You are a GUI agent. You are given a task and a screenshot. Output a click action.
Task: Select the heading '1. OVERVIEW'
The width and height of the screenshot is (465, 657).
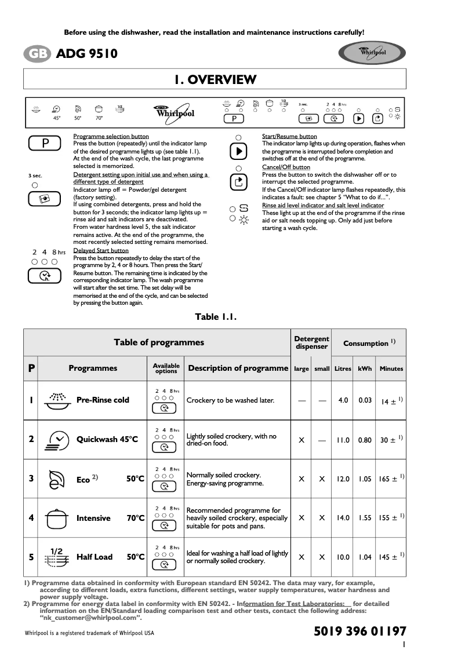coord(215,79)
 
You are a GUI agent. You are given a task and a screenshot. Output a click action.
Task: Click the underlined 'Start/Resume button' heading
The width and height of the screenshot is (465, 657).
coord(289,136)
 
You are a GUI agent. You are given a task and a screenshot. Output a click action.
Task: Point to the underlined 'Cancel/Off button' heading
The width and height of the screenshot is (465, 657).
coord(286,167)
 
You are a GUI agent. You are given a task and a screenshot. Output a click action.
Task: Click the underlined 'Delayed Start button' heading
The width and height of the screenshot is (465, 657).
coord(101,251)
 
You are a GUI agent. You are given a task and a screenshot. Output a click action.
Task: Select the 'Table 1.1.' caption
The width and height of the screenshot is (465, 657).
coord(216,316)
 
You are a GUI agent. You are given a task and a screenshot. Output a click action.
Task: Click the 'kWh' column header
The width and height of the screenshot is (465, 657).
coord(365,368)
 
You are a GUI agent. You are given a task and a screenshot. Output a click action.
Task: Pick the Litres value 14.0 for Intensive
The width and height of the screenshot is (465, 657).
coord(343,518)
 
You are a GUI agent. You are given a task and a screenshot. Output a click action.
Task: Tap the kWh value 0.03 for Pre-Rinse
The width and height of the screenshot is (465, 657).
coord(365,400)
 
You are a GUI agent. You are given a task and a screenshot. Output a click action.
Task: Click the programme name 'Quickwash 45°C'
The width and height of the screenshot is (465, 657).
coord(107,439)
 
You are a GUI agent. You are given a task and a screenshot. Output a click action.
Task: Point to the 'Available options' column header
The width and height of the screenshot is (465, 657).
coord(166,368)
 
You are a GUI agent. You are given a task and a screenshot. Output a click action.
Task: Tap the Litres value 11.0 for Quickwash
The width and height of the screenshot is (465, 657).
coord(343,440)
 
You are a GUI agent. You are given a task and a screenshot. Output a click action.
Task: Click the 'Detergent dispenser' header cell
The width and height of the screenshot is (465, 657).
coord(311,342)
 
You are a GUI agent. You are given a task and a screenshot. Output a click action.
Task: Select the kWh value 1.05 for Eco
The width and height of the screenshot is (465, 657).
coord(365,479)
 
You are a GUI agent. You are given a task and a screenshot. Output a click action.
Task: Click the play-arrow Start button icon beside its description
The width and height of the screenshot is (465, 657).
coord(238,151)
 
